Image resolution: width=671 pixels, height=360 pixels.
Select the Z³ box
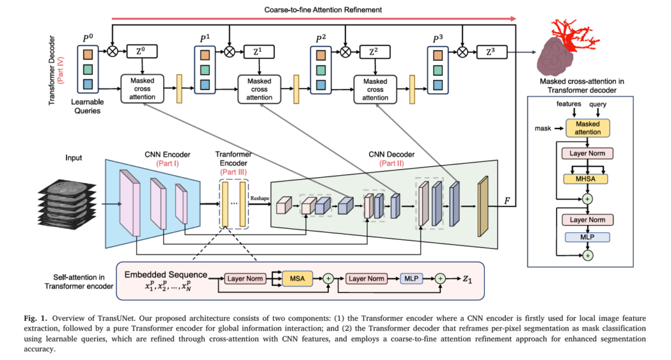tap(491, 50)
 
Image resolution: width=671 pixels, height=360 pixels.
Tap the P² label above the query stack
tap(319, 38)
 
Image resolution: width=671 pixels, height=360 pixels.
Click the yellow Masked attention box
tap(587, 128)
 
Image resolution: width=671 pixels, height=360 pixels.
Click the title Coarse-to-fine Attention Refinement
tap(322, 10)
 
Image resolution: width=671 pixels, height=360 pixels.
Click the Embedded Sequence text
tap(166, 274)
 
